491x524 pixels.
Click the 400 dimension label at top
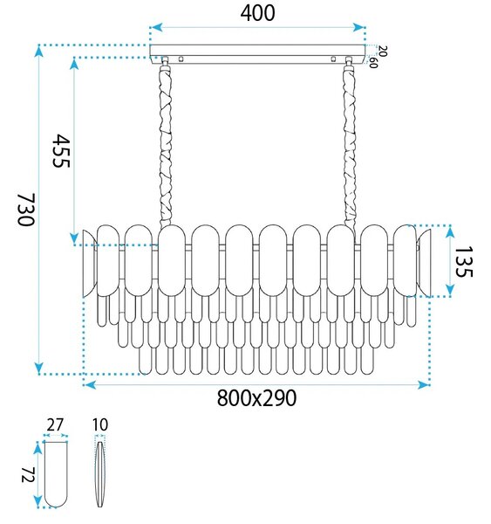coord(257,14)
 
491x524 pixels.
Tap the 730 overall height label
coord(26,210)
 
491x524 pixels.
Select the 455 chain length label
coord(61,150)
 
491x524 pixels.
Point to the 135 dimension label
coord(464,261)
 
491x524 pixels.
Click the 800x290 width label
coord(256,397)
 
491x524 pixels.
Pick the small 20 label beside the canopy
coord(383,52)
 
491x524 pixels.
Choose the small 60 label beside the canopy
coord(373,63)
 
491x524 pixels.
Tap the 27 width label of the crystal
coord(55,425)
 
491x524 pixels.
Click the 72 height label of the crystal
coord(28,475)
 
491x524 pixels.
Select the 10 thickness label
coord(99,424)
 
